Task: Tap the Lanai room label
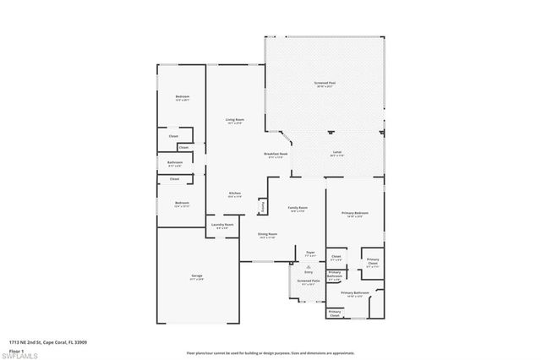click(x=336, y=153)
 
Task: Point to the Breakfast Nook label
click(x=277, y=155)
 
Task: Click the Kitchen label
click(x=235, y=194)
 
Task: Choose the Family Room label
click(x=298, y=209)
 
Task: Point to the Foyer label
click(x=310, y=252)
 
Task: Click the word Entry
click(x=309, y=272)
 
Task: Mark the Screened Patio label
click(x=308, y=281)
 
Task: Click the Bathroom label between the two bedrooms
click(x=175, y=163)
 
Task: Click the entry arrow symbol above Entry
click(x=309, y=265)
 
